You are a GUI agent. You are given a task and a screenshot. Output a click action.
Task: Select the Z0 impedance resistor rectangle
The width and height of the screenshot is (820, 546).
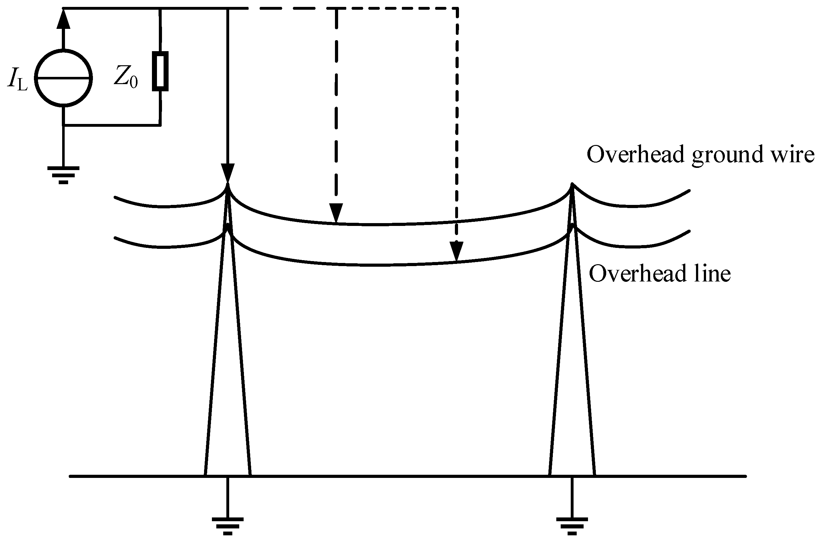pos(160,71)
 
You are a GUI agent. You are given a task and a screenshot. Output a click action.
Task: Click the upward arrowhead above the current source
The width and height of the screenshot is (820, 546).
pos(63,19)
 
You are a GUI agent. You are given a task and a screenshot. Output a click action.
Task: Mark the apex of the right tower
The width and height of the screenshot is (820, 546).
pos(572,185)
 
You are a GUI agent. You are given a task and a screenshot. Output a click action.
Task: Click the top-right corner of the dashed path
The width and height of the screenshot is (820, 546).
pos(457,8)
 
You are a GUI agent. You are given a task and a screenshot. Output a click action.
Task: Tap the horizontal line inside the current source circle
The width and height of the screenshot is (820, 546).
pos(64,78)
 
